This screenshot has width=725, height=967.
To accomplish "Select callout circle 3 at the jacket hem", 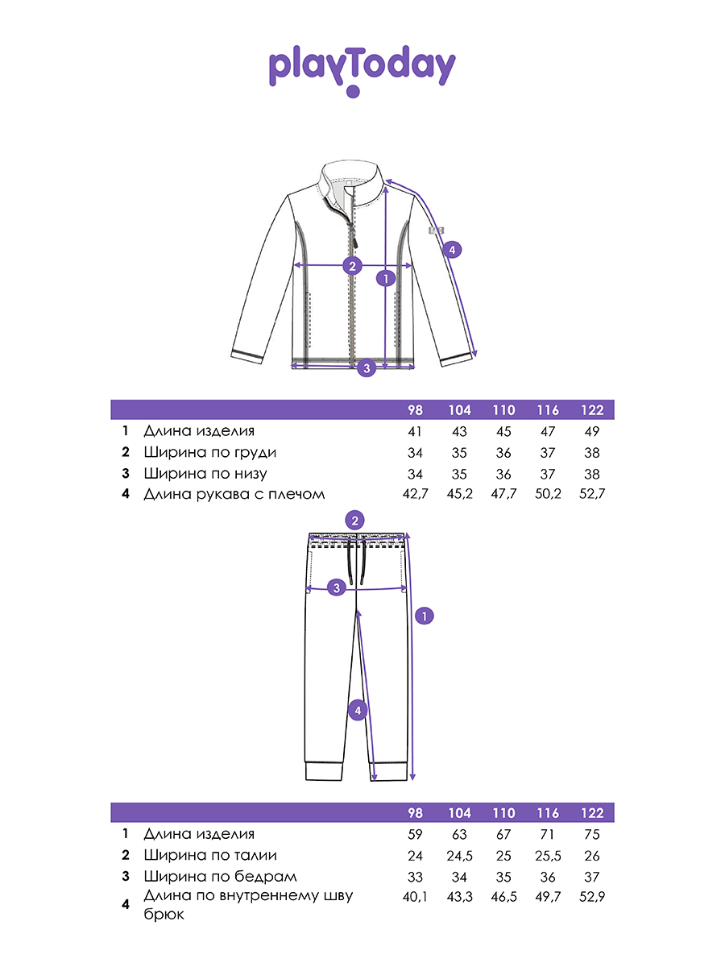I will coord(367,368).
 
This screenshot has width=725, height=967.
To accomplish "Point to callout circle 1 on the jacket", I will coord(386,278).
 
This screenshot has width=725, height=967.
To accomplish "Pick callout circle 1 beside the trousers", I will coord(425,616).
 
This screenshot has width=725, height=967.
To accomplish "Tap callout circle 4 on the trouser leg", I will coord(358,711).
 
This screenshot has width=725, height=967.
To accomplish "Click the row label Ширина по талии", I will coord(209,856).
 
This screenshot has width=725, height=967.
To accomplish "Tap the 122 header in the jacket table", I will coord(591,410).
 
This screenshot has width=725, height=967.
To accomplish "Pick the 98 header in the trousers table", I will coord(415,813).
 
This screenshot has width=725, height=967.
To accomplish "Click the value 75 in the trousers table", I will coord(591,835).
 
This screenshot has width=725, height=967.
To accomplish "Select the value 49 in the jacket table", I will coord(591,432).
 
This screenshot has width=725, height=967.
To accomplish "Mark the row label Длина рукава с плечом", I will coord(234,494).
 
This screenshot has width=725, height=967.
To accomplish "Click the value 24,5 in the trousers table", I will coord(459,856).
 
